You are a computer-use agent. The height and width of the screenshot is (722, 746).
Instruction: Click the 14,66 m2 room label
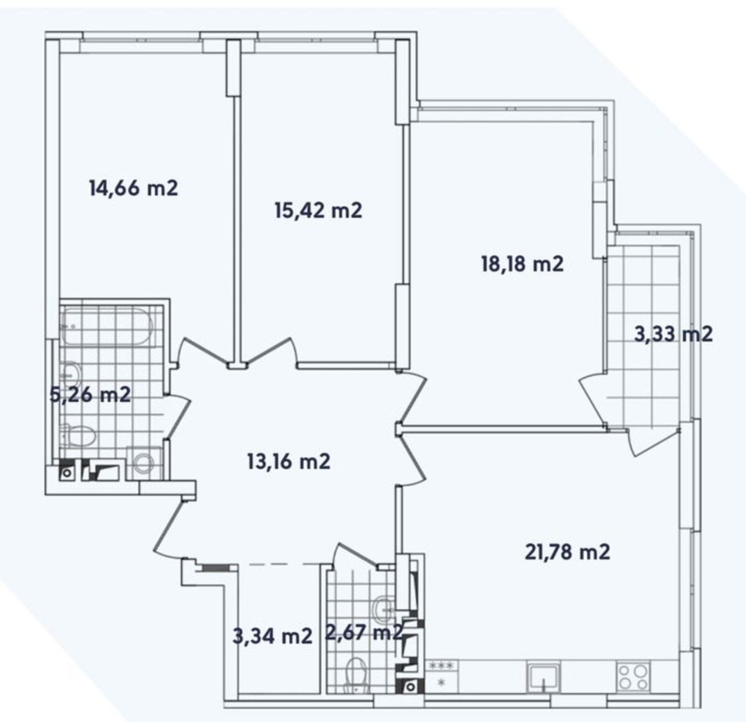(x=133, y=189)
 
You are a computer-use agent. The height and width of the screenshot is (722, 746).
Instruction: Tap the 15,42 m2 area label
(x=318, y=211)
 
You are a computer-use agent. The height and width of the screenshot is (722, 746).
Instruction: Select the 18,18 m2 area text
(x=522, y=264)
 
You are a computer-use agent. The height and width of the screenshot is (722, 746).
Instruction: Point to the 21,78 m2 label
(x=567, y=552)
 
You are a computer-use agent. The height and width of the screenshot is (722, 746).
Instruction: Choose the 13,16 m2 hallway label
(x=289, y=461)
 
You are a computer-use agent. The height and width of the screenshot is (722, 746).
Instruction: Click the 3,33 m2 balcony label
(x=674, y=334)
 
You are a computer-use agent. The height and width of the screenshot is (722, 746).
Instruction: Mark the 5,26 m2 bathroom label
(x=90, y=395)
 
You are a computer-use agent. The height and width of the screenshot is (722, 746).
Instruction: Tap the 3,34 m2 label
(x=272, y=636)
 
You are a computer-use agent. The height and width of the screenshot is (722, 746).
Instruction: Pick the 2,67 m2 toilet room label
(x=364, y=633)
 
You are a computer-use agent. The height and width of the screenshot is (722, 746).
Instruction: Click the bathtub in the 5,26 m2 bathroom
(x=108, y=326)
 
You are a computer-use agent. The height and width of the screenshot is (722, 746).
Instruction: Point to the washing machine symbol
(x=144, y=463)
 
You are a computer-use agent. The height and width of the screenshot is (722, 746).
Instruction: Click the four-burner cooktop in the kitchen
(x=633, y=677)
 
